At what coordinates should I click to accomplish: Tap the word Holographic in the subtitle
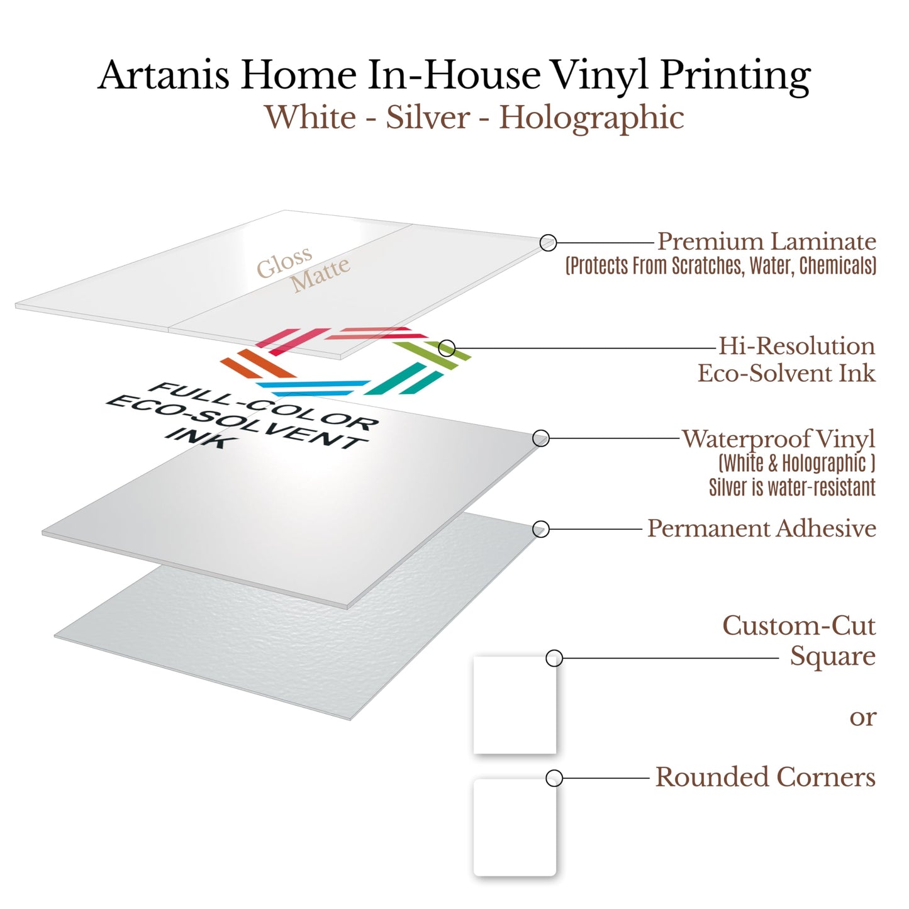(x=591, y=118)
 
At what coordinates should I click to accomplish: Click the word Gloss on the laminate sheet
(x=284, y=262)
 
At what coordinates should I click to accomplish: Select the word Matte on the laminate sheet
(x=320, y=274)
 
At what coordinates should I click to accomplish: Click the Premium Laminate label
(x=766, y=242)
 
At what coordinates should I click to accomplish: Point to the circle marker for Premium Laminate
(x=548, y=242)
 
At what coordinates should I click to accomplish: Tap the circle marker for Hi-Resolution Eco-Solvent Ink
(x=447, y=348)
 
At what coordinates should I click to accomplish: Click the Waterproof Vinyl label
(x=778, y=439)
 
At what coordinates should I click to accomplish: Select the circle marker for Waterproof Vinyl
(x=541, y=438)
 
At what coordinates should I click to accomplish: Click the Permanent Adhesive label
(x=761, y=528)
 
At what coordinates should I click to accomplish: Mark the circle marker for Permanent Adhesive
(x=540, y=530)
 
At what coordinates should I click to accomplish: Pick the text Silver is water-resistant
(x=791, y=488)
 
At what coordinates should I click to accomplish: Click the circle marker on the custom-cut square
(x=554, y=659)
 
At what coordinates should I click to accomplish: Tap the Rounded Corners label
(x=765, y=778)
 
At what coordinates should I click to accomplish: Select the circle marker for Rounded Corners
(x=554, y=778)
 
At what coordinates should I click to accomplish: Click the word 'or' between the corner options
(x=862, y=717)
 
